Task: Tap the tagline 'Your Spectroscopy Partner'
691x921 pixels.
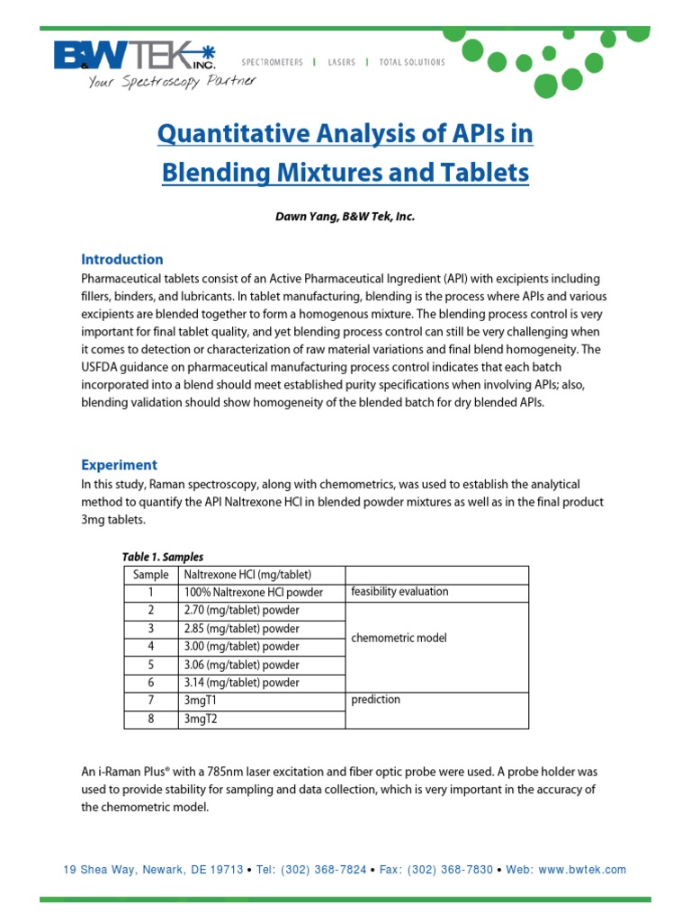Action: click(171, 81)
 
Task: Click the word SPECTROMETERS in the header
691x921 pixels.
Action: click(273, 62)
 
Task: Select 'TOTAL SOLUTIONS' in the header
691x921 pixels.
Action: click(412, 62)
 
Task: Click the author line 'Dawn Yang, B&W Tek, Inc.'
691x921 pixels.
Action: click(345, 217)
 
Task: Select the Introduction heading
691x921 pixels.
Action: click(122, 259)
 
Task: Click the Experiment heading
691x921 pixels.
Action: click(119, 465)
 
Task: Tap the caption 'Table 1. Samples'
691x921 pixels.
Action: click(163, 557)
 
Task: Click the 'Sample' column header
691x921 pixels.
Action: click(150, 575)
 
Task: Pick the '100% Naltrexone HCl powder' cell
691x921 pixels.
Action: click(254, 593)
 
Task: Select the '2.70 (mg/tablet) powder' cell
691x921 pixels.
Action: click(241, 611)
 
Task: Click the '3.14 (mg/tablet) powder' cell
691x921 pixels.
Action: click(241, 683)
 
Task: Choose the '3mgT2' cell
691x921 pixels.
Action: click(200, 719)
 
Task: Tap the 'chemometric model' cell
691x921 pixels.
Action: click(399, 638)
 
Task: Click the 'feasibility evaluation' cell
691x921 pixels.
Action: click(399, 592)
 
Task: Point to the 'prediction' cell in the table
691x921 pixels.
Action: click(376, 700)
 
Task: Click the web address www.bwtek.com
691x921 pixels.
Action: click(578, 870)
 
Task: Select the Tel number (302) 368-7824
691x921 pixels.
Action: click(324, 870)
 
